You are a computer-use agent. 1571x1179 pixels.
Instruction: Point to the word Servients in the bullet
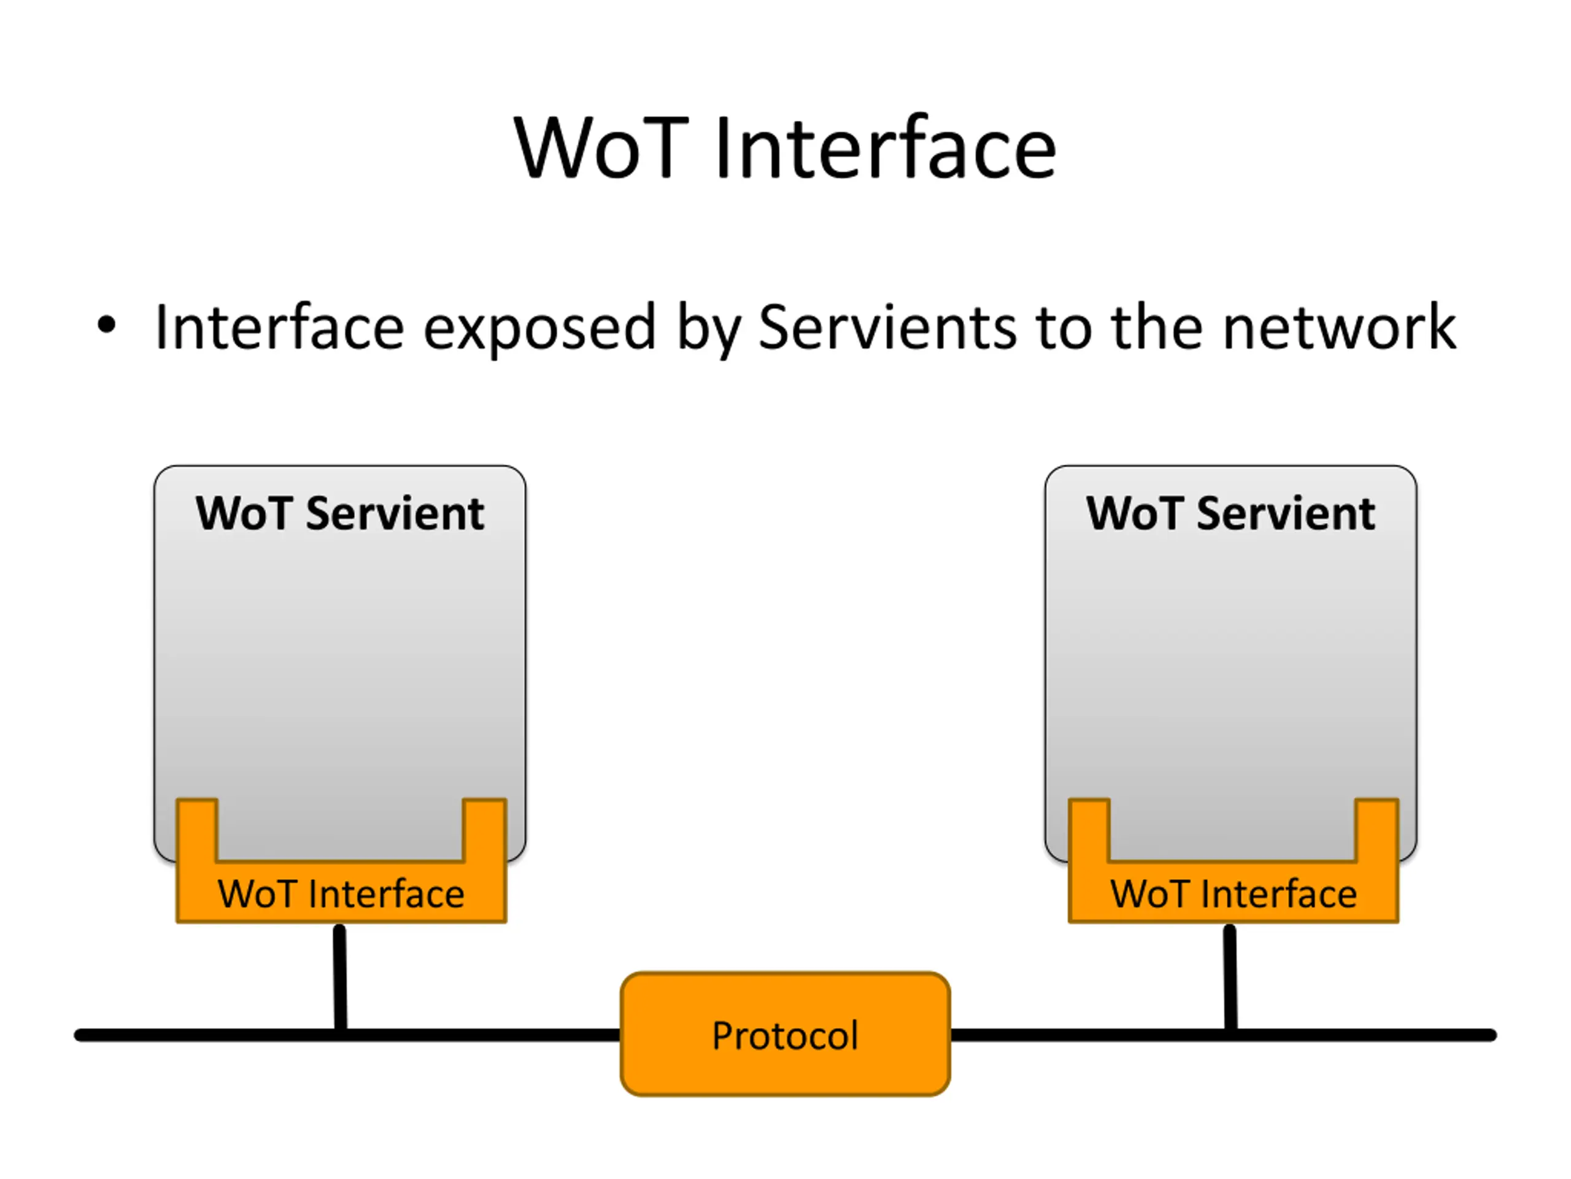[x=888, y=327]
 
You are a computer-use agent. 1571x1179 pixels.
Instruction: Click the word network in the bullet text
[x=1340, y=327]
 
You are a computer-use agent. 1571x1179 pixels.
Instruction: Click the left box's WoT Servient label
[x=340, y=513]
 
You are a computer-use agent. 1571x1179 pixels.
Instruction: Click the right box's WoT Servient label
[x=1231, y=513]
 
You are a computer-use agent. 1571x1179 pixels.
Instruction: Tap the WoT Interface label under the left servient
[x=341, y=893]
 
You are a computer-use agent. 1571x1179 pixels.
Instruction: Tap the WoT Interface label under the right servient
[x=1233, y=893]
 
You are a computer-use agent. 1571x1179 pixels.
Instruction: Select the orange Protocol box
[x=785, y=1034]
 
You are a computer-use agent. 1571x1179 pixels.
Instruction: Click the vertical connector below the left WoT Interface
[x=340, y=977]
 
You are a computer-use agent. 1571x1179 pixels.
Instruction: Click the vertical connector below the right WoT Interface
[x=1231, y=977]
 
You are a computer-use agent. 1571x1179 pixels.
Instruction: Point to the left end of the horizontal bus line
[x=78, y=1035]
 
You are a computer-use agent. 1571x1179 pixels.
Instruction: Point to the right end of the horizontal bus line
[x=1493, y=1035]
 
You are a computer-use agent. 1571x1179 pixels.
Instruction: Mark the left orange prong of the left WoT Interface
[x=197, y=830]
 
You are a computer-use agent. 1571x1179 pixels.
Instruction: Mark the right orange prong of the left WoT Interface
[x=485, y=830]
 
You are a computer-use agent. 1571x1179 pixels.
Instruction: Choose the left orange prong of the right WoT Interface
[x=1089, y=830]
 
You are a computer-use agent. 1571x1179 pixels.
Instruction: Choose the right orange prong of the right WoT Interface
[x=1377, y=830]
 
